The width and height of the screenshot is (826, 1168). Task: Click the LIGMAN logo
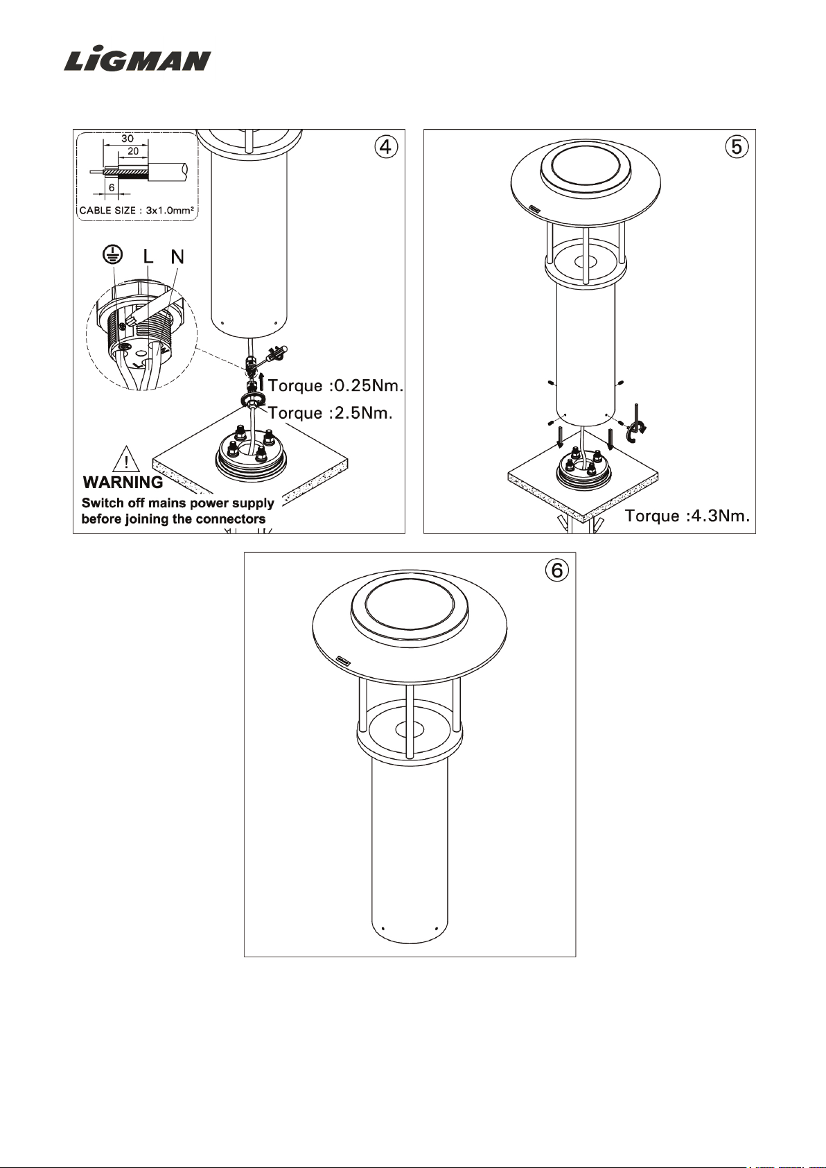138,60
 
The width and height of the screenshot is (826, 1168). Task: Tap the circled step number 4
386,148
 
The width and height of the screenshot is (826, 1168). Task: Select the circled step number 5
737,148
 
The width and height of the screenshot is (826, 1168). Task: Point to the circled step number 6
556,570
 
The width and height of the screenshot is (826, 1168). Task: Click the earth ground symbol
112,255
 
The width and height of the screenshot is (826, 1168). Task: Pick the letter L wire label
148,256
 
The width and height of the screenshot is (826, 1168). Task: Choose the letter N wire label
177,256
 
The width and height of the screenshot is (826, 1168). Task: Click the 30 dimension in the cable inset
128,139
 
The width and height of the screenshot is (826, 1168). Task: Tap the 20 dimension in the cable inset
133,151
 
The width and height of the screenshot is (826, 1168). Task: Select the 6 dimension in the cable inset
112,187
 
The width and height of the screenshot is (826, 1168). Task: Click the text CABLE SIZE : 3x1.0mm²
137,211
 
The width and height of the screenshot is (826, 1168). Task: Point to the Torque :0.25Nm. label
335,386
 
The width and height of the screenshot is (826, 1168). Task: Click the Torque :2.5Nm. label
330,413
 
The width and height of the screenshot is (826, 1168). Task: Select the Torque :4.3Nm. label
687,516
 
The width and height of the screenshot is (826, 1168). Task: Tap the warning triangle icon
126,459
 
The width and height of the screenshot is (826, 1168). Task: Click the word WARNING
123,482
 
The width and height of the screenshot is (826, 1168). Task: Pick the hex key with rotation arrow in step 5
636,423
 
